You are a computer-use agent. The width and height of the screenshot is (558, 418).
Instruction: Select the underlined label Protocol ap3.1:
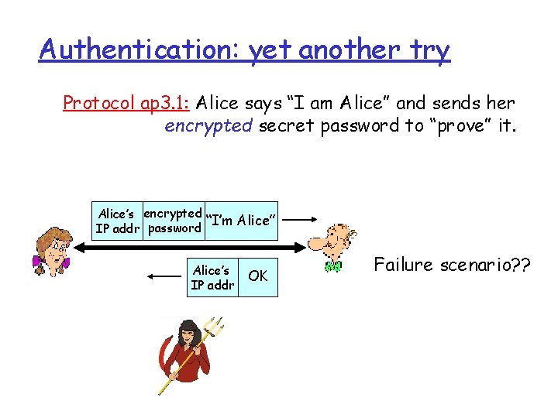coord(127,103)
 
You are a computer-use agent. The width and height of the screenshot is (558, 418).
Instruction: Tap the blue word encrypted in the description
coord(208,125)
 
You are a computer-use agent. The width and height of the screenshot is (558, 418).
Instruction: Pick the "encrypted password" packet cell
coord(174,221)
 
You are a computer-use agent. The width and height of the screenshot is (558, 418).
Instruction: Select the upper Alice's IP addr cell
coord(117,221)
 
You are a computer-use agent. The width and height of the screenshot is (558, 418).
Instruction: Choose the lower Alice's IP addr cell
coord(212,277)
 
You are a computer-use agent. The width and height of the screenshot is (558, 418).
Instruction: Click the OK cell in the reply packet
coord(258,276)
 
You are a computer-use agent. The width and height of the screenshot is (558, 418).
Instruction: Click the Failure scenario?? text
coord(452,265)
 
